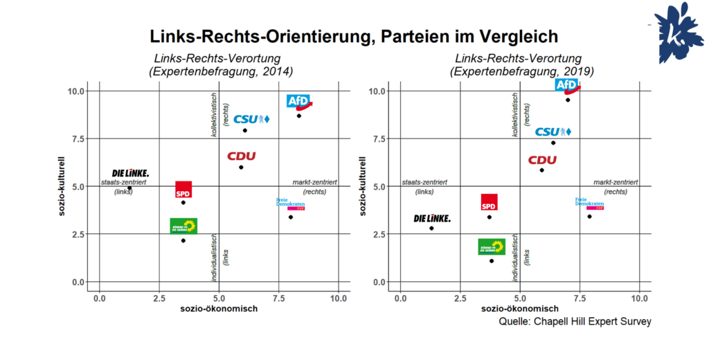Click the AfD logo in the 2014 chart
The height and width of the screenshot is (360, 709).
(x=299, y=102)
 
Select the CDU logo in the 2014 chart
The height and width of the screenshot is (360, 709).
(x=242, y=156)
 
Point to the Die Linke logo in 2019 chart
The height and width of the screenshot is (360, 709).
(x=432, y=218)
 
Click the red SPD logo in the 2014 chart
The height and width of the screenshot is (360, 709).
(x=183, y=190)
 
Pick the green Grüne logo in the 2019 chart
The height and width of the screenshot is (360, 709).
(x=492, y=246)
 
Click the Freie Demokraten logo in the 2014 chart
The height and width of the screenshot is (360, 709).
(x=290, y=204)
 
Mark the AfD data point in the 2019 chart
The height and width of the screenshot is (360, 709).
(x=568, y=100)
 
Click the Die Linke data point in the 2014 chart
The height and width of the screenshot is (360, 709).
(x=129, y=188)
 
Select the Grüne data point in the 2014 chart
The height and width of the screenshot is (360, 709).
(x=183, y=241)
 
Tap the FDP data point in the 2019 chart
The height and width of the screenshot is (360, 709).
(x=589, y=217)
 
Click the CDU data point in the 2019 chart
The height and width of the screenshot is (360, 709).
(x=541, y=170)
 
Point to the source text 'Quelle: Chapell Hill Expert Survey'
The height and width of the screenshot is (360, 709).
(x=575, y=322)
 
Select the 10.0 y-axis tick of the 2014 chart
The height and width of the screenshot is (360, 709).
(x=76, y=91)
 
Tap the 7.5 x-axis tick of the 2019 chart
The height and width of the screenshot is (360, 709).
(x=580, y=298)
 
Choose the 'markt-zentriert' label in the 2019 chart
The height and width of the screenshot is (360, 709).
(x=616, y=181)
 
